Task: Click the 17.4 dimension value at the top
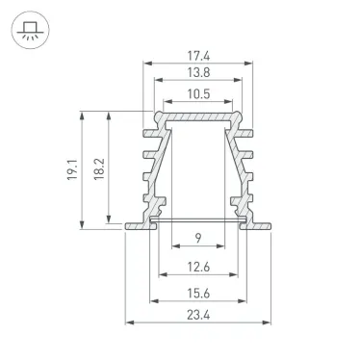click(x=199, y=57)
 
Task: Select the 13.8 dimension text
click(x=199, y=74)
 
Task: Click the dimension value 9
click(x=198, y=239)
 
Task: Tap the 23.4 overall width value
click(x=198, y=323)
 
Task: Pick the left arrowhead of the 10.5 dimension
click(x=167, y=101)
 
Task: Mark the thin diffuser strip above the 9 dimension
click(x=198, y=220)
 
